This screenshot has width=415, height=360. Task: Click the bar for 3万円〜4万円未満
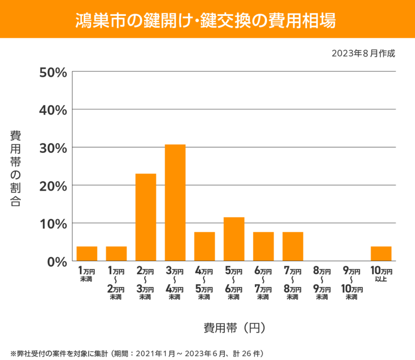point(175,203)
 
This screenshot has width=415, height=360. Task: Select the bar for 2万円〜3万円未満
point(146,217)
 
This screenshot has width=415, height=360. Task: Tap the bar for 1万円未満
point(87,254)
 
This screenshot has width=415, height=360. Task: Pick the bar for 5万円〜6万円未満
point(234,239)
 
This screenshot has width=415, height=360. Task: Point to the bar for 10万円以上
point(381,254)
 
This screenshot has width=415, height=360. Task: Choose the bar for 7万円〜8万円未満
point(293,246)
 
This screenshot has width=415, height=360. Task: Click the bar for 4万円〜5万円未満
point(205,246)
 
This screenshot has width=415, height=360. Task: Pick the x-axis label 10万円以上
point(381,274)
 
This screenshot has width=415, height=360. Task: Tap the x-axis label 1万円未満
point(87,274)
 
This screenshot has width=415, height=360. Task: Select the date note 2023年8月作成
point(363,53)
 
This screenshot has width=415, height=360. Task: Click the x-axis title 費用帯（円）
point(234,328)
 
